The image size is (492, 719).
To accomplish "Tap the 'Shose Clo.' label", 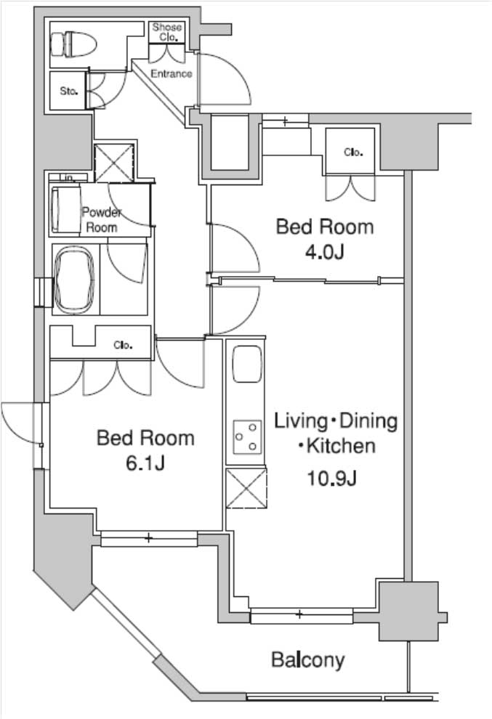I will click(x=167, y=32).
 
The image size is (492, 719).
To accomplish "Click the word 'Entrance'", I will click(x=172, y=73).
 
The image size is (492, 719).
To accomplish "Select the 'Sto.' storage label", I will click(x=68, y=92).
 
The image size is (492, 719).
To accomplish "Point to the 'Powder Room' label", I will click(x=102, y=219).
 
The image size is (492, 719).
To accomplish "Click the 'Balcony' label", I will click(x=307, y=660).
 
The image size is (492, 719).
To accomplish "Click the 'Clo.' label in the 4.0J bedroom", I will click(x=353, y=153).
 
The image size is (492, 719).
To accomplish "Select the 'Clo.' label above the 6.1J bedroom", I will click(x=123, y=346).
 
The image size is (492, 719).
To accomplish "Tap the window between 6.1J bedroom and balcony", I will click(x=148, y=538).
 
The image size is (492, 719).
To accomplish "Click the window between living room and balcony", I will click(x=300, y=616).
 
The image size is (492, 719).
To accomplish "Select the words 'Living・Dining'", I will click(x=335, y=421).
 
